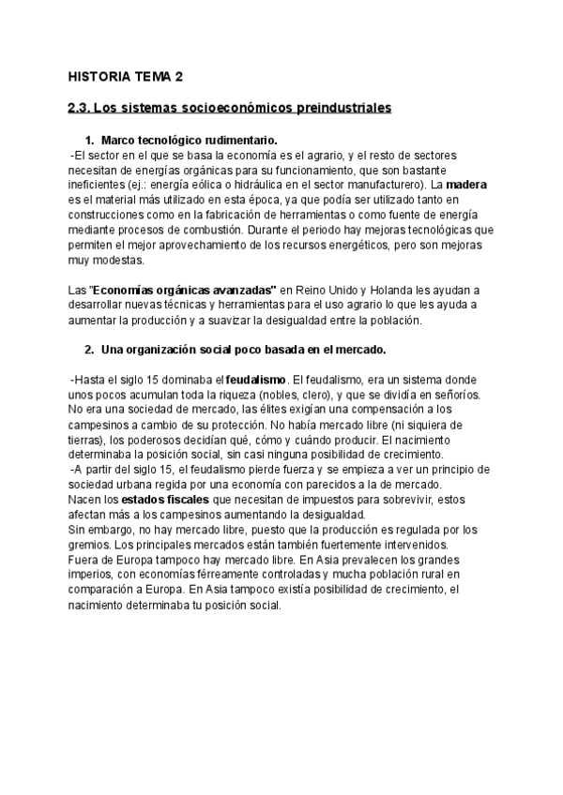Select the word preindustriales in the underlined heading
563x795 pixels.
(331, 109)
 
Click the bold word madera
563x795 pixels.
(466, 185)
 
